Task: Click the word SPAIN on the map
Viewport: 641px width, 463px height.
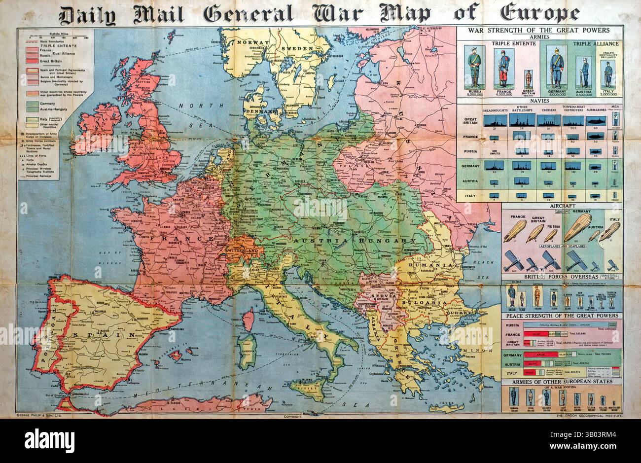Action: [x=105, y=335]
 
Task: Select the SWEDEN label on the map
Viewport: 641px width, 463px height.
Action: [x=297, y=48]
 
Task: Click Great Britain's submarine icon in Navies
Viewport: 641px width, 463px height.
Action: [x=594, y=120]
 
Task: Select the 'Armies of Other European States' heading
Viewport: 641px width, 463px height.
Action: [x=562, y=382]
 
